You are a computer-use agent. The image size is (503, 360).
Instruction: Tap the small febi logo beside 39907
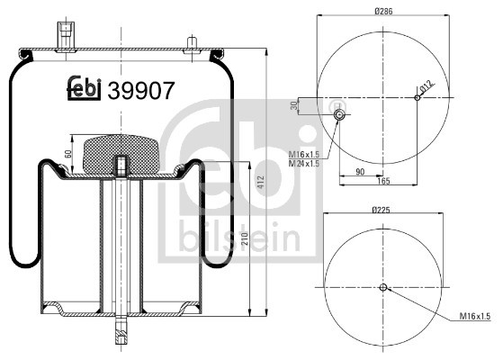85,88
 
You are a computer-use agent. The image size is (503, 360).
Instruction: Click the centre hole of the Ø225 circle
382,288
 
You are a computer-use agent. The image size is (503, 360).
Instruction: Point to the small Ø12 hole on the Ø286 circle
416,98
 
